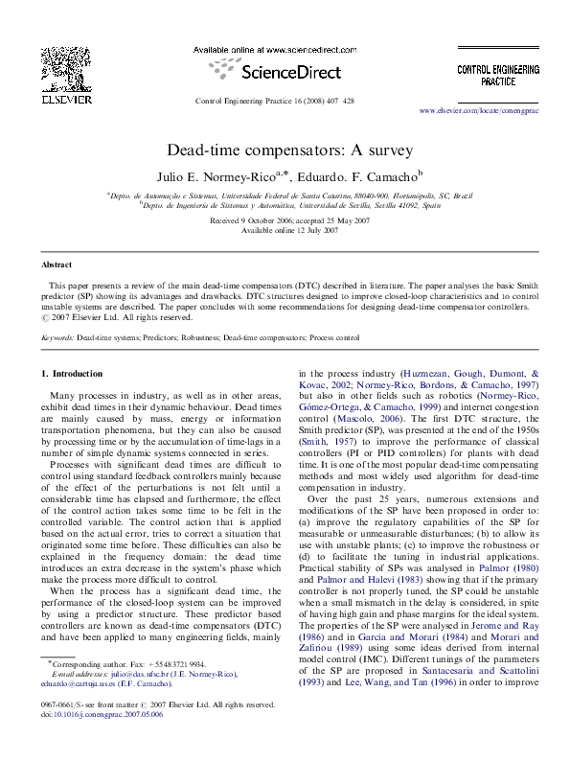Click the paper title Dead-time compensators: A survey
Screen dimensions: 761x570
point(285,150)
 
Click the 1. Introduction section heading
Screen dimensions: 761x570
point(77,372)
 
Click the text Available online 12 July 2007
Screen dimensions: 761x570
point(285,231)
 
